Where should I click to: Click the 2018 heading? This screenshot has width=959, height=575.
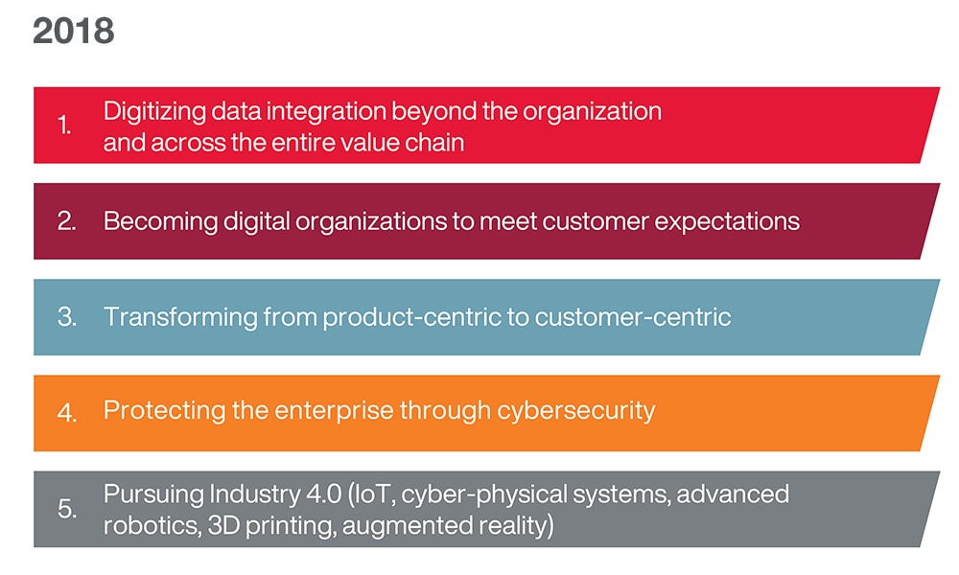pos(74,32)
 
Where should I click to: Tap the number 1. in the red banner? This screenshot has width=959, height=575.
pos(65,126)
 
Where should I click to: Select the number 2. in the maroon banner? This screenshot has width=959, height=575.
pos(66,221)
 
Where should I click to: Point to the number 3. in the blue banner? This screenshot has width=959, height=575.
pos(66,317)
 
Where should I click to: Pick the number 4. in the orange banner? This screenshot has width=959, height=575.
pos(66,412)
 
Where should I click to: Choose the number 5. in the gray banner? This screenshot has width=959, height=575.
pos(66,509)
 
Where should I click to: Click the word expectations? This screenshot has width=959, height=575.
pos(727,221)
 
